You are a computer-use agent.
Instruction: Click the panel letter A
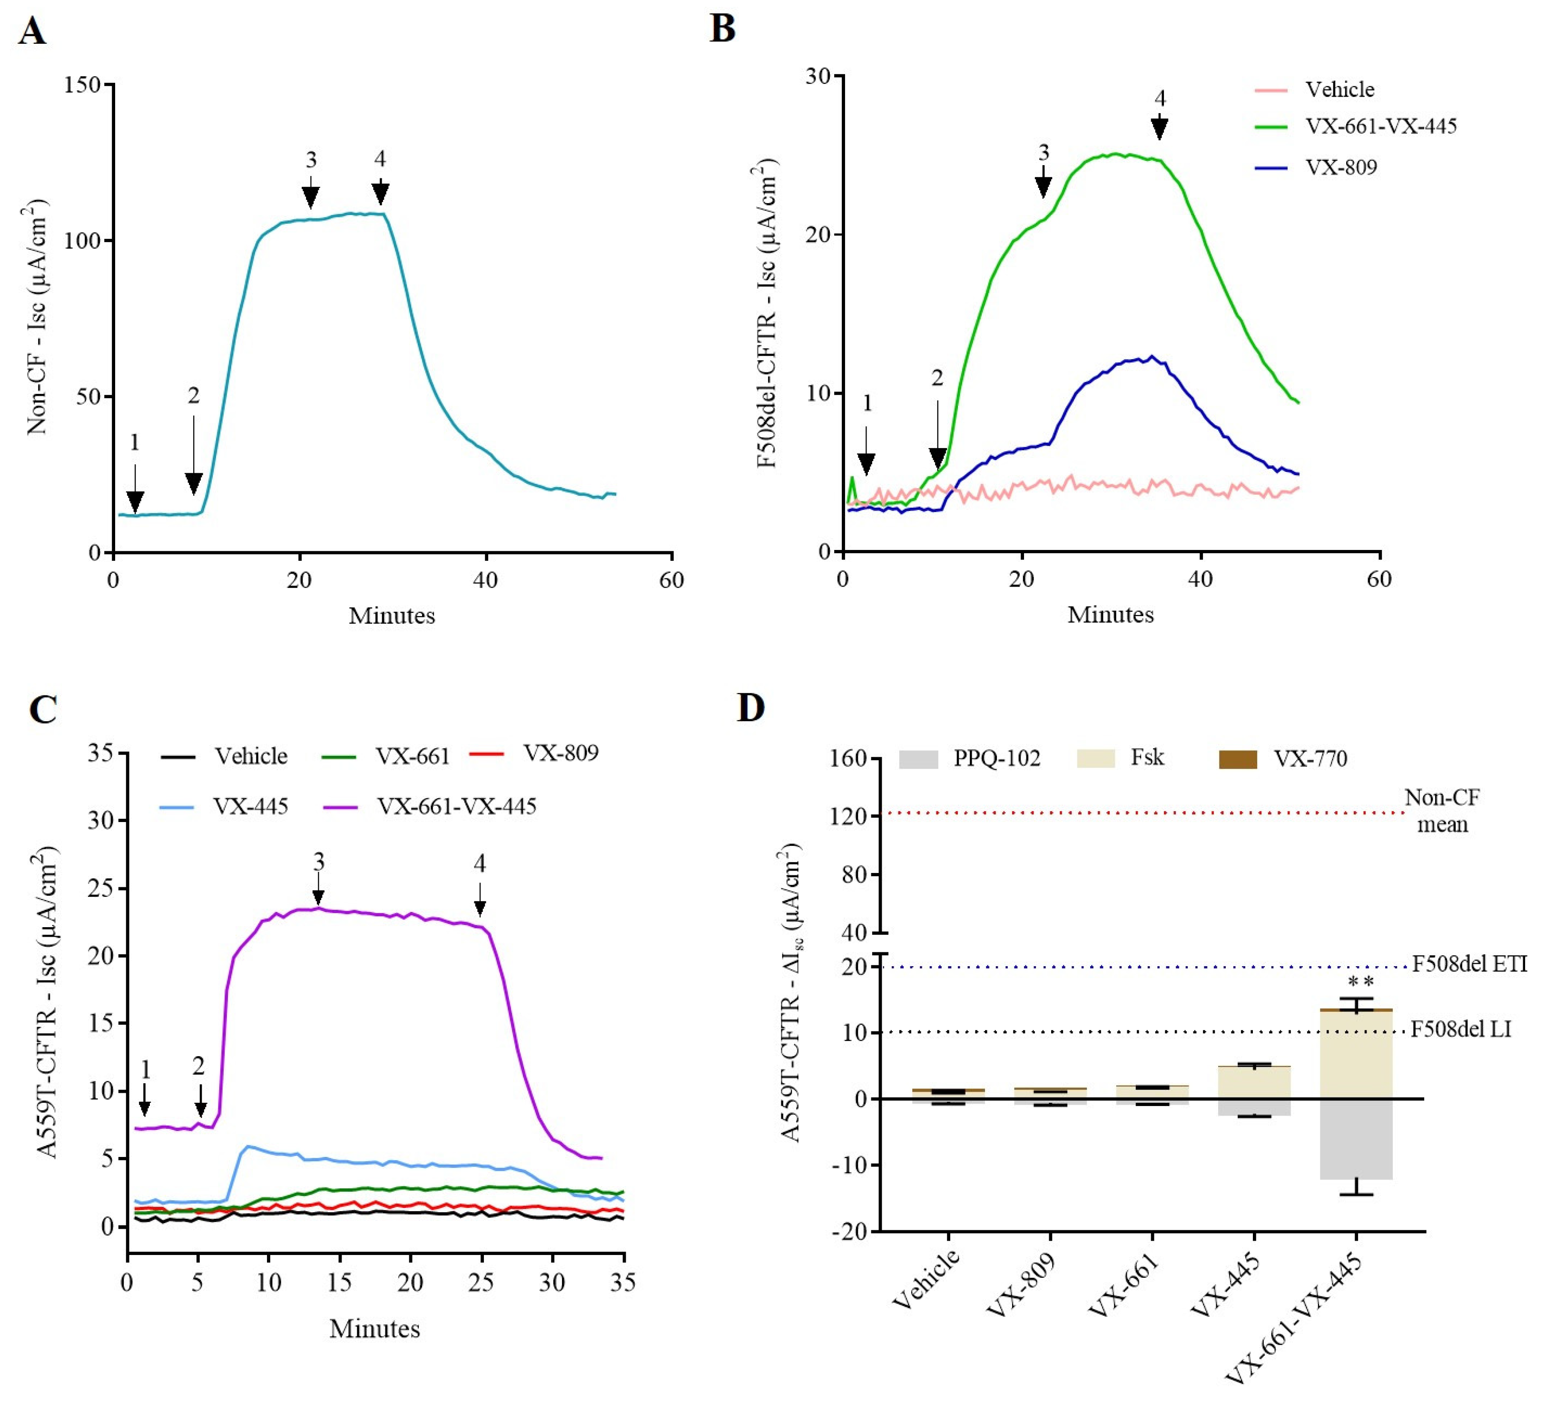point(33,32)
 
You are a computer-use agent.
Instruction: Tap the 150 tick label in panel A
point(83,84)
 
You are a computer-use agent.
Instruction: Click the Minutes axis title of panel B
point(1111,614)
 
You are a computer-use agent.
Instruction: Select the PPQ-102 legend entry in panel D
point(970,758)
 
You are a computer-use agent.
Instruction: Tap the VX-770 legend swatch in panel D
point(1238,759)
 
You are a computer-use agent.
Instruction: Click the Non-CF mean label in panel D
point(1442,811)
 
